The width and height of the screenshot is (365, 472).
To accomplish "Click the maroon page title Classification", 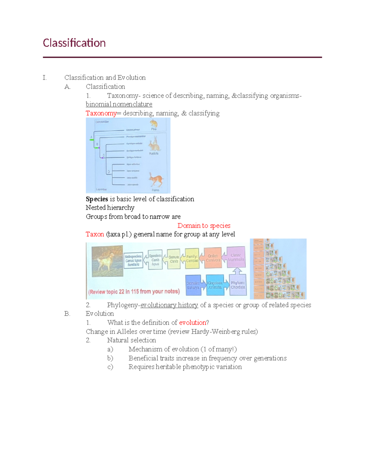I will click(74, 43).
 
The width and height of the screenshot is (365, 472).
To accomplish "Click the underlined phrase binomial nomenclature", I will click(119, 104).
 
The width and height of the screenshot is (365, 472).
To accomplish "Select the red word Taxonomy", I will click(101, 113).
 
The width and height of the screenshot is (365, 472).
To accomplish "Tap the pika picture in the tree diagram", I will click(154, 123).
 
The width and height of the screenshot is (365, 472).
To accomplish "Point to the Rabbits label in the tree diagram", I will click(154, 153).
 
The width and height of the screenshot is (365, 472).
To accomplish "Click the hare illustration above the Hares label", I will click(155, 180).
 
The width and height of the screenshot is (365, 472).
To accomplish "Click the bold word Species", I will click(97, 199).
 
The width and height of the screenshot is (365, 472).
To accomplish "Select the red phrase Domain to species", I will click(204, 226).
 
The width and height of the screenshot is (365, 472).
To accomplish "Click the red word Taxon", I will click(95, 234).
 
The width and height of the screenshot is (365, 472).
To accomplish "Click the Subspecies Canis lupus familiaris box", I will click(133, 260).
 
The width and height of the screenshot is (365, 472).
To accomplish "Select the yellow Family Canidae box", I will click(192, 259).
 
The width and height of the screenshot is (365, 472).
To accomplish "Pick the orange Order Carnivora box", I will click(213, 258).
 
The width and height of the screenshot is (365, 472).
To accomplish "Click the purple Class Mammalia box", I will click(236, 257).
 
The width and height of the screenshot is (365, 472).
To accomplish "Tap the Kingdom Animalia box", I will click(215, 285).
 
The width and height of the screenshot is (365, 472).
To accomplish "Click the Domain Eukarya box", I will click(193, 285).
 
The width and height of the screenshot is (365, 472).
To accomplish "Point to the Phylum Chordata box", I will click(238, 285).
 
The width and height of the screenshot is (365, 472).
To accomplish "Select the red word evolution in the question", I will click(193, 322).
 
